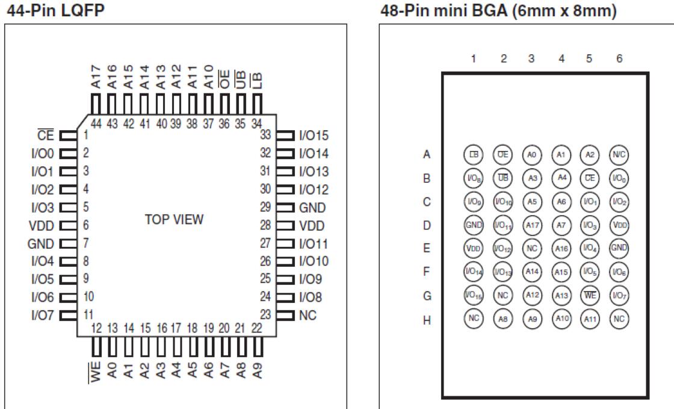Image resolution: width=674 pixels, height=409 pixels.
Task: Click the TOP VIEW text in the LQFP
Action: coord(174,219)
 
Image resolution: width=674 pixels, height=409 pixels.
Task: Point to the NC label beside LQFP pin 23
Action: coord(308,314)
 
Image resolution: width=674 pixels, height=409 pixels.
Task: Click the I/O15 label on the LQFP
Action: coord(314,136)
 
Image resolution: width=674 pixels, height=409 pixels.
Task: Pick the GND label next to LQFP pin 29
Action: coord(312,208)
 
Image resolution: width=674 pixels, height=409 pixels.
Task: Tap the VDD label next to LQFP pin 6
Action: coord(42,226)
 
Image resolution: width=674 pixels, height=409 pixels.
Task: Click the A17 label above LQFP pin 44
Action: coord(94,76)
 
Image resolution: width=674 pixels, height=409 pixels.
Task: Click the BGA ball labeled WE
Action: coord(589,295)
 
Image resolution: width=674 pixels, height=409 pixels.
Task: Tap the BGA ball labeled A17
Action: coord(531,225)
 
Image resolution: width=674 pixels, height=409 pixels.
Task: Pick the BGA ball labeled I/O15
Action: coord(473,295)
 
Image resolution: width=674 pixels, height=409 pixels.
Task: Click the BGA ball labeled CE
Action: coord(589,178)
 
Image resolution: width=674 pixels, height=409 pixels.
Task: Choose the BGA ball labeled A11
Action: coord(589,318)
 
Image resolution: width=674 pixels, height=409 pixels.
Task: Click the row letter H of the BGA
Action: coord(427,319)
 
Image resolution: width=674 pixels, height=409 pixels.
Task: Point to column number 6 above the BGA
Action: coord(619,58)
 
